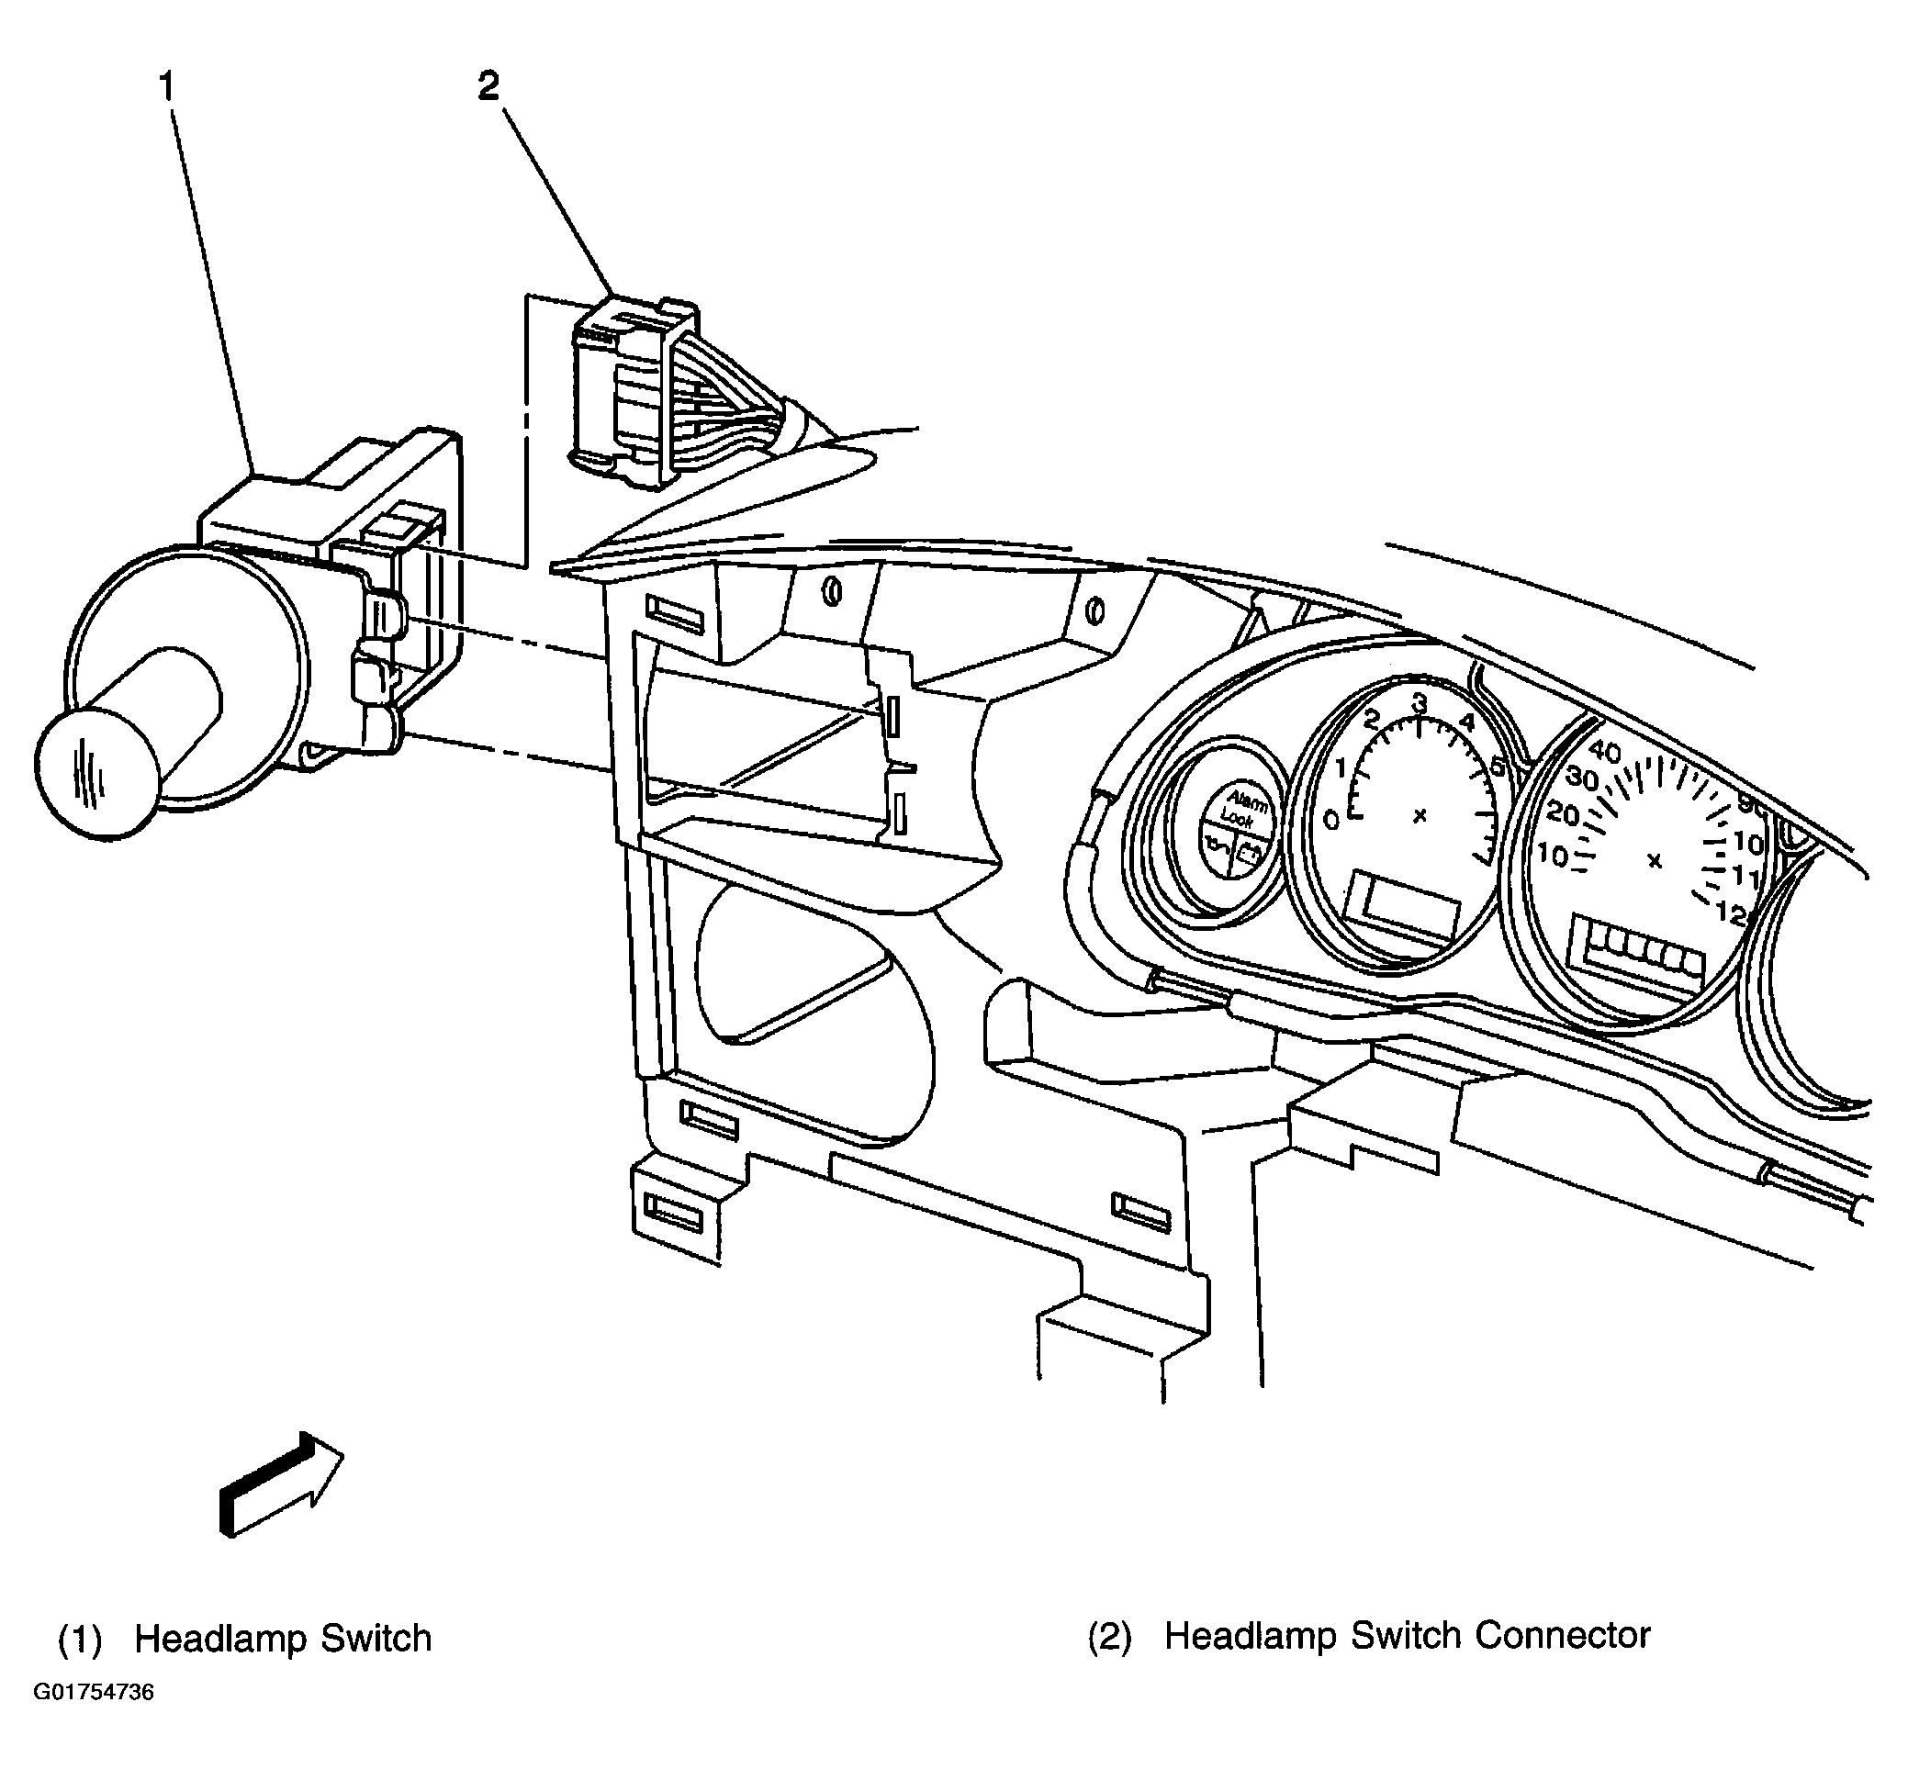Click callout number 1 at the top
point(167,87)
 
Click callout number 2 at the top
point(488,87)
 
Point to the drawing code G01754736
point(94,1719)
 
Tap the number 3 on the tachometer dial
point(1419,703)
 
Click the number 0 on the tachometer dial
point(1330,820)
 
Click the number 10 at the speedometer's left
point(1552,854)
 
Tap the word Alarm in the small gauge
point(1248,801)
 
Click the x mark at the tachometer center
point(1420,814)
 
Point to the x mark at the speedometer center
point(1654,859)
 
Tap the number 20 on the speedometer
point(1563,813)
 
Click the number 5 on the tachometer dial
point(1498,766)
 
